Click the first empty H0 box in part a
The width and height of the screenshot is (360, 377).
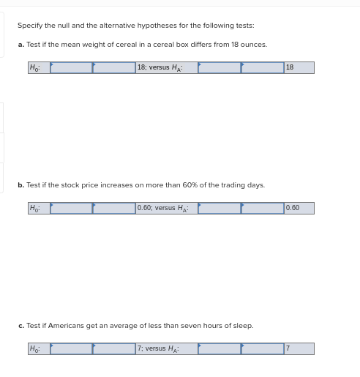click(71, 67)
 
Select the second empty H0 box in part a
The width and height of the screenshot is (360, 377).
click(114, 67)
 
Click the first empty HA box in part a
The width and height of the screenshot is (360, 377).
click(220, 67)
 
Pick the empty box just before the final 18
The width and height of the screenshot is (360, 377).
click(263, 67)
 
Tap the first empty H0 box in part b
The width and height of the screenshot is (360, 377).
click(71, 208)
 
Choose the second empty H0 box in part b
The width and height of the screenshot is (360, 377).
click(114, 208)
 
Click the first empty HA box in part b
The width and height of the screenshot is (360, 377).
click(220, 208)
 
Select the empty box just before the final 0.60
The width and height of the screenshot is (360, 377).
click(263, 208)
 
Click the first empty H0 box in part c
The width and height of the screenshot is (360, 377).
click(71, 348)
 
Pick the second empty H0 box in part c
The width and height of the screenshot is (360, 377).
click(114, 348)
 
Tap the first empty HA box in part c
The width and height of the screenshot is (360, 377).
click(220, 348)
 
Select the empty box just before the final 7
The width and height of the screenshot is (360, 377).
click(263, 348)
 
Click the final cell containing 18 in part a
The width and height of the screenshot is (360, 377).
click(299, 67)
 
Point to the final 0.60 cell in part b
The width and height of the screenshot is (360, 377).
click(299, 208)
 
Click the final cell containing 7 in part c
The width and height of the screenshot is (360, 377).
click(299, 348)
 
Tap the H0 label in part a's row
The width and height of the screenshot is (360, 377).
click(39, 67)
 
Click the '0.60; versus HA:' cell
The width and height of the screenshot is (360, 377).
click(167, 208)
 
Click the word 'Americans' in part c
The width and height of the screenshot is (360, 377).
click(66, 326)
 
